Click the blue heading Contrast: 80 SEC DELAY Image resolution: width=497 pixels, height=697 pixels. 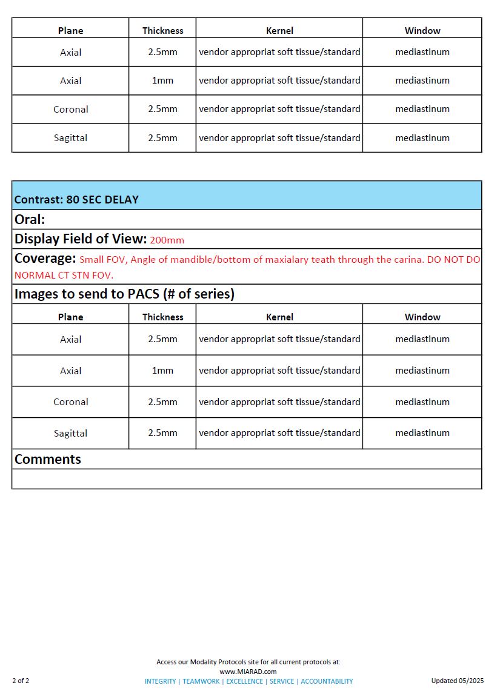76,199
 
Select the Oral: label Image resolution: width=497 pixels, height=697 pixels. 30,219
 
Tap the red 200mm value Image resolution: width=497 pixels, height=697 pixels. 167,240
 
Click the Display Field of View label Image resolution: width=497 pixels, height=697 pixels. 80,239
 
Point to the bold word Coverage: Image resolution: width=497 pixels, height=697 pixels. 45,259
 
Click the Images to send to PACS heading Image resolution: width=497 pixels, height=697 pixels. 124,294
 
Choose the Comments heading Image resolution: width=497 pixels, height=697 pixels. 47,459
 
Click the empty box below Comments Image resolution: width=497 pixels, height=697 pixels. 247,478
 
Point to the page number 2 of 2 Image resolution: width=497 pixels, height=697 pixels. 21,681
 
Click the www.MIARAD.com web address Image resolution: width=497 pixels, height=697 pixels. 248,672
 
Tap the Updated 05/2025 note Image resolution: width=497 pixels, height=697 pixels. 458,681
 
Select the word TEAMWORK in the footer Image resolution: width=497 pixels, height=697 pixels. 201,681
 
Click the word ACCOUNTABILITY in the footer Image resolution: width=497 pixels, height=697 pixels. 327,681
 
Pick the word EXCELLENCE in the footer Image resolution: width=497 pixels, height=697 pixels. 244,681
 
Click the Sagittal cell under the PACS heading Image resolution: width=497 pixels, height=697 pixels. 70,433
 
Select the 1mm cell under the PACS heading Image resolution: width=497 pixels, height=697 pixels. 162,370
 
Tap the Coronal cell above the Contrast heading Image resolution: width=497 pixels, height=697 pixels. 70,109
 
